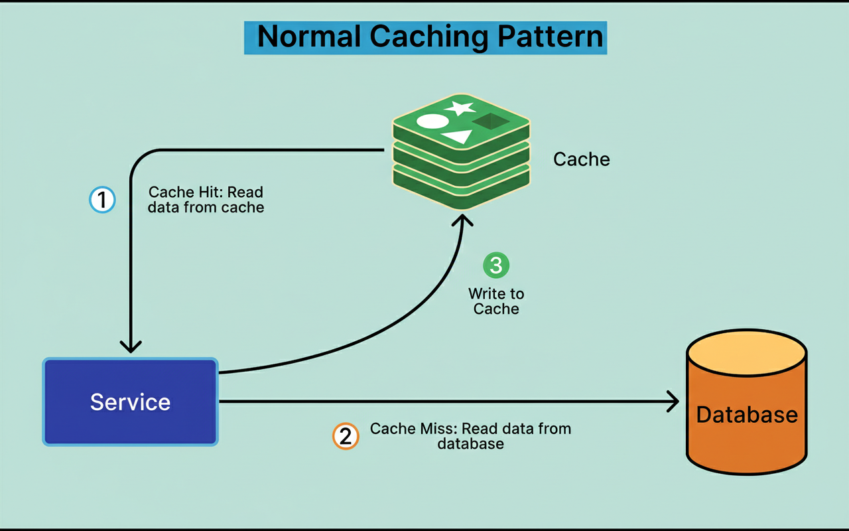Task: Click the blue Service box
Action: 131,402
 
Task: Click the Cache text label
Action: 581,159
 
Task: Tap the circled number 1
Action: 102,199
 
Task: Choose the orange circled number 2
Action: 345,436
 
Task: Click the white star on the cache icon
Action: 459,108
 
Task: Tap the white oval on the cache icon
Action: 432,121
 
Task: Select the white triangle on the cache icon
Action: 458,137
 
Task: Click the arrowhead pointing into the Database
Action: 673,401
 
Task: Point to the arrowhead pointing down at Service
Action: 131,345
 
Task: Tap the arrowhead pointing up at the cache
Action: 462,220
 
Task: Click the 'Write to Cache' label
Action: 496,301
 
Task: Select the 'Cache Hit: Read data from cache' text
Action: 206,200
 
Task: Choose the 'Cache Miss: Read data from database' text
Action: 470,436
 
